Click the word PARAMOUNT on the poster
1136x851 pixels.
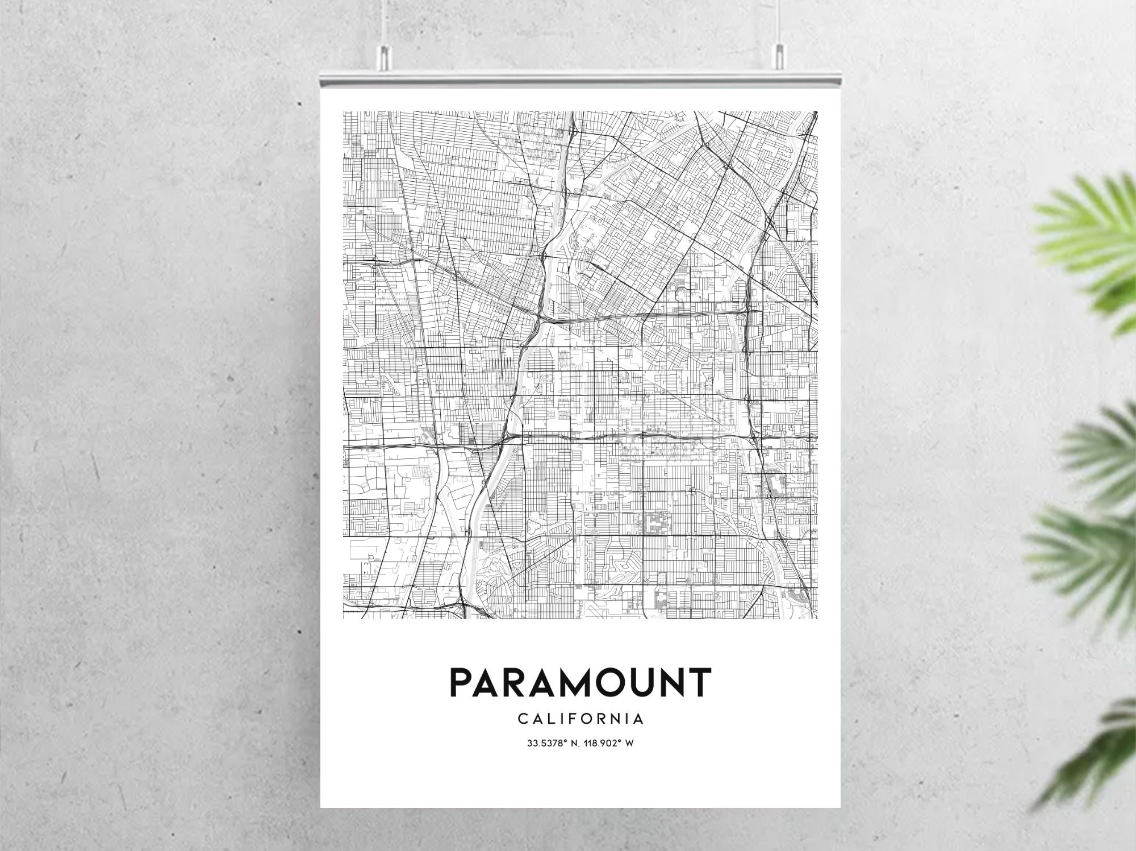[580, 682]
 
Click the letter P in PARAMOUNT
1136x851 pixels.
[461, 682]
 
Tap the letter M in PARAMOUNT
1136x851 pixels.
[571, 682]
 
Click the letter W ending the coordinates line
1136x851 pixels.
[629, 743]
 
